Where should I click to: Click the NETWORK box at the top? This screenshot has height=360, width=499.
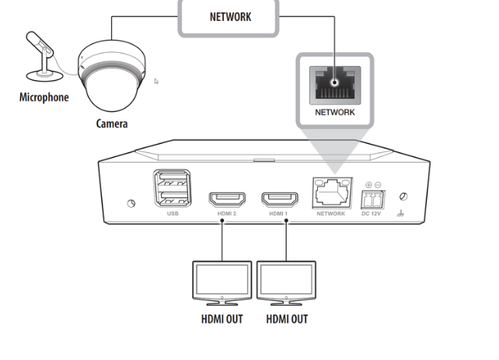click(231, 16)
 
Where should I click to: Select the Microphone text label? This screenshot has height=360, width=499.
click(44, 98)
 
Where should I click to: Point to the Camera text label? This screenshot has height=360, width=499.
click(112, 124)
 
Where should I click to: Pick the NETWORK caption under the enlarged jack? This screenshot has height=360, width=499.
click(334, 113)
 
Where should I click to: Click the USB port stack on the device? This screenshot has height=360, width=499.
click(171, 188)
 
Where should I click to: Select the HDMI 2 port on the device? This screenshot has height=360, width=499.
click(227, 197)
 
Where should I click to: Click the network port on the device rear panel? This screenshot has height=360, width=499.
click(330, 193)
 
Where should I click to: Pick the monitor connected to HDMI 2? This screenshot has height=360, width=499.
click(222, 281)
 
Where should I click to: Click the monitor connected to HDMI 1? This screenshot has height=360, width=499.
click(287, 281)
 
